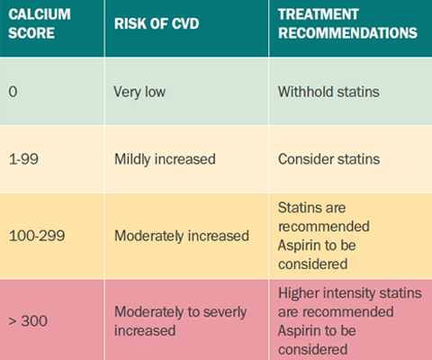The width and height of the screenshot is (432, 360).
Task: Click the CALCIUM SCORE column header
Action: [40, 23]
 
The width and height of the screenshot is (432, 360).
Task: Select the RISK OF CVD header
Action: [157, 23]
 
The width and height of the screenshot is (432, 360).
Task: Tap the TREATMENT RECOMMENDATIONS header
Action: [347, 23]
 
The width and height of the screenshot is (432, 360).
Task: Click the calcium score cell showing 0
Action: [13, 92]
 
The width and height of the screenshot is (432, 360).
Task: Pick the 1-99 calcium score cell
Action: [23, 159]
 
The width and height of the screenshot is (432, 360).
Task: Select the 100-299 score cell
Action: [37, 236]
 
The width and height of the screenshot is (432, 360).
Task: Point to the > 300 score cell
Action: [28, 321]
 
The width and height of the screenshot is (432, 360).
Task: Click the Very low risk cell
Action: [139, 92]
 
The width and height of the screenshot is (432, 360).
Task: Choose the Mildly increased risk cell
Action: [165, 159]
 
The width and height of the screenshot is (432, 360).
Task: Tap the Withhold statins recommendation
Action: [328, 92]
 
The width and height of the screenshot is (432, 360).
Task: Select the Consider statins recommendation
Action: [329, 159]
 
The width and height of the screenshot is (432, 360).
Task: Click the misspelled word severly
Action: [225, 312]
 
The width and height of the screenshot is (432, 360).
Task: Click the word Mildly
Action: [132, 159]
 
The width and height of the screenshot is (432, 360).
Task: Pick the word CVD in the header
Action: [185, 23]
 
